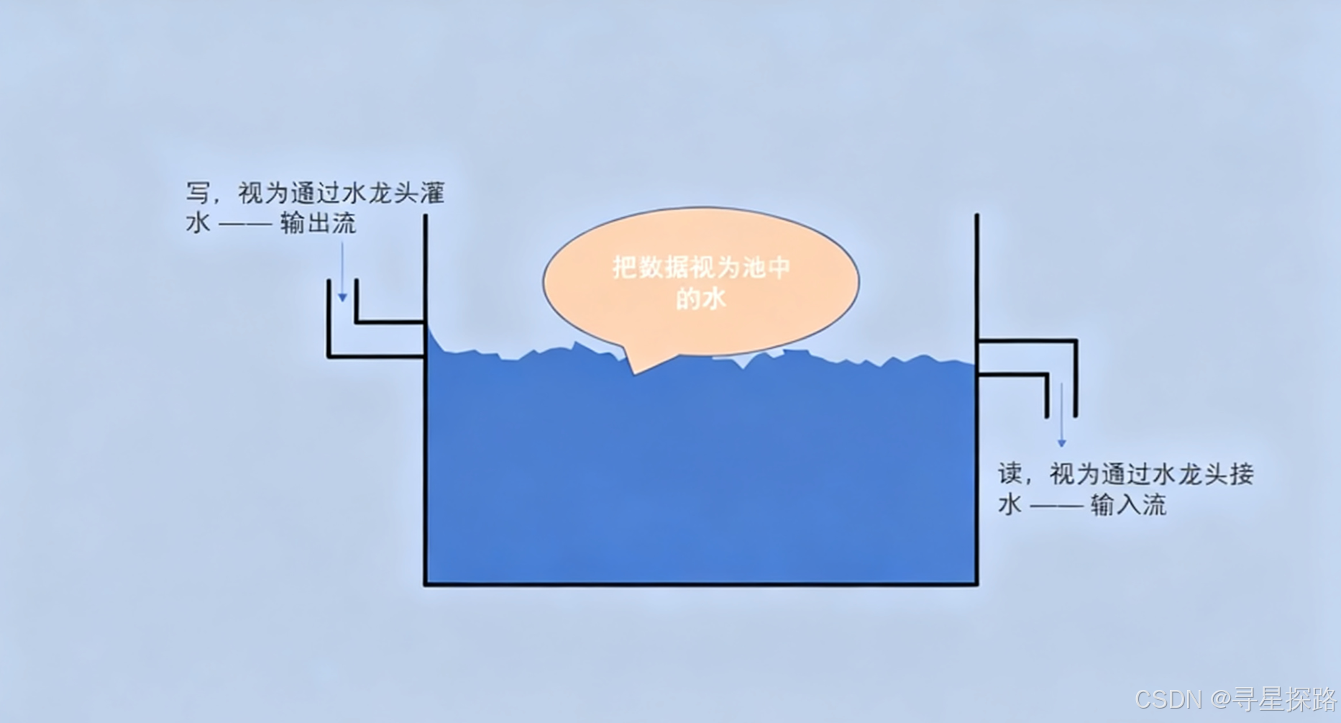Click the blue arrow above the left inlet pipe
click(342, 273)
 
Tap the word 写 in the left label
click(198, 194)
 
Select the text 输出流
click(319, 224)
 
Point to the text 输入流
click(1128, 505)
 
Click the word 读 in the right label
click(1010, 474)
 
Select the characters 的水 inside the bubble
click(700, 299)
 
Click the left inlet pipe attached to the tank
click(374, 339)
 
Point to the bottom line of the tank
click(700, 583)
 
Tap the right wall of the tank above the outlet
click(976, 273)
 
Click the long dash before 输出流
click(245, 224)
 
